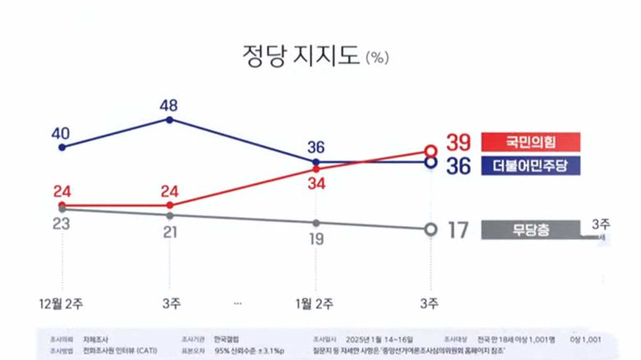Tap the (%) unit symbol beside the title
(377, 58)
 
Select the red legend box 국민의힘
(531, 141)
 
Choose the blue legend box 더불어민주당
(531, 165)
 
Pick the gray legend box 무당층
(531, 229)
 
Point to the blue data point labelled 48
(169, 119)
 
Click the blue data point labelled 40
(62, 147)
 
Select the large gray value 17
(457, 230)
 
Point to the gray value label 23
(62, 224)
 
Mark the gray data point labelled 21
(169, 215)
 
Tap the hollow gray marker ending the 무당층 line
(430, 230)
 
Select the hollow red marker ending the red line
(430, 150)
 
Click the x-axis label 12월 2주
(62, 303)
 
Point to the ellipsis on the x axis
(237, 303)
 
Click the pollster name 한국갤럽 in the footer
(224, 339)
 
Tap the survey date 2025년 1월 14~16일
(380, 339)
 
